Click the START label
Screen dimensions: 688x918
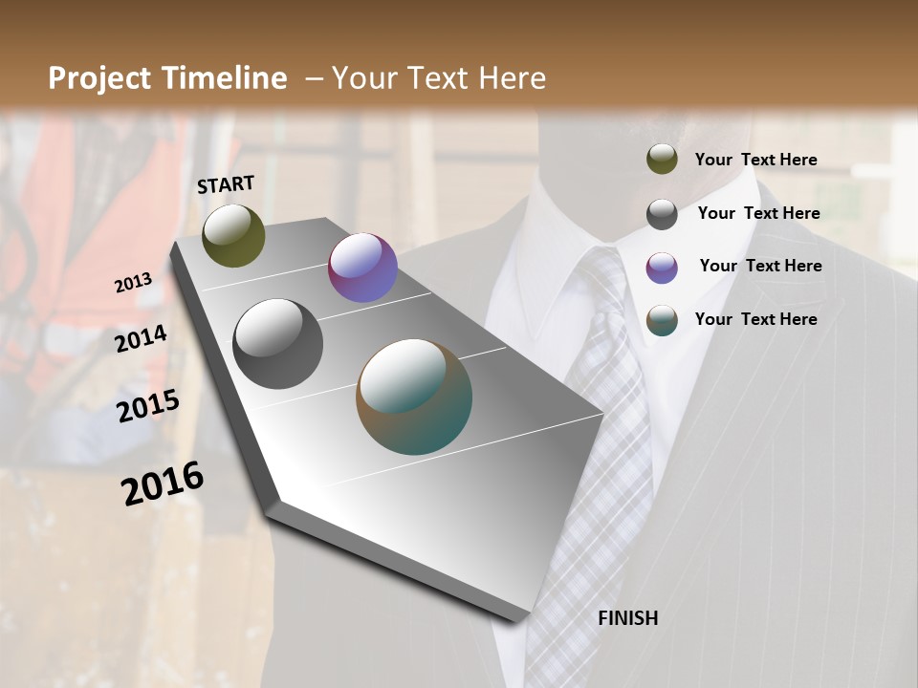[x=226, y=184]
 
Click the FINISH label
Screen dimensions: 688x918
[x=627, y=618]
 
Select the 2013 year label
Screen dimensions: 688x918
[x=133, y=283]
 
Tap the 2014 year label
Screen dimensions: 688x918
[x=141, y=339]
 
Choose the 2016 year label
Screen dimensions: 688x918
[x=163, y=483]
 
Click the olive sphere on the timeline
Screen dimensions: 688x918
[x=233, y=235]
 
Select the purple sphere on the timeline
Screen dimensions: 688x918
[x=362, y=268]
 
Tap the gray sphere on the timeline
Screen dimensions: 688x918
[x=278, y=344]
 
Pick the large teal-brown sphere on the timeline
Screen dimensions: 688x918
[x=414, y=397]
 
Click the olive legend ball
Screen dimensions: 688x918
[x=662, y=160]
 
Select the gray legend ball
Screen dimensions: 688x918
[x=662, y=214]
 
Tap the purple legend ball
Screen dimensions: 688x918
[x=662, y=268]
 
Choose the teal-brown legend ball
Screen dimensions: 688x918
[x=662, y=320]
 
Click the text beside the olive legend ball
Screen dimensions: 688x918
[x=755, y=160]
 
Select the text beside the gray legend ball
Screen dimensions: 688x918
[x=758, y=213]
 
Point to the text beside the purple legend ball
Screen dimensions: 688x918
[x=760, y=266]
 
